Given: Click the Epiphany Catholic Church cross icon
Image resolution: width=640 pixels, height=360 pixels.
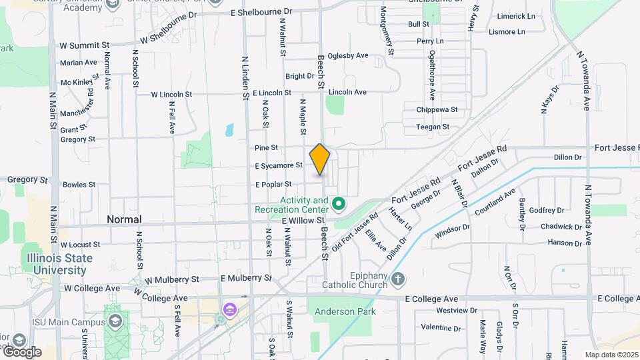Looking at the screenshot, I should coord(398,279).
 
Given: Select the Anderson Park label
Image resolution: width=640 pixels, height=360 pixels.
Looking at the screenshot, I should coord(346,311).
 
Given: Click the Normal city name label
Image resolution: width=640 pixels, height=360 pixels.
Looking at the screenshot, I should coord(124,219).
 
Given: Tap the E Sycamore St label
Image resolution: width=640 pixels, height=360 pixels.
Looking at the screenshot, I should coord(279,165).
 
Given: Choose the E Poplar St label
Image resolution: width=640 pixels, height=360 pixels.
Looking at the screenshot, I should coord(273,184).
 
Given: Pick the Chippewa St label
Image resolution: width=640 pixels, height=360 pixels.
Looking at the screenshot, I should coord(437,109).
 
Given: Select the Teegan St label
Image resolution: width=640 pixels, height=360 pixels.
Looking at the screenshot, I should coord(433,127).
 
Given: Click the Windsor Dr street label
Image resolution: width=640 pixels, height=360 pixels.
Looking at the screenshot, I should coord(452,231).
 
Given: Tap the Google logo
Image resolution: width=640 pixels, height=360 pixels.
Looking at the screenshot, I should coord(21,352).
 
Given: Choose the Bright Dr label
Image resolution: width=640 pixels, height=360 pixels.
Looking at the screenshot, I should coord(300,77).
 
